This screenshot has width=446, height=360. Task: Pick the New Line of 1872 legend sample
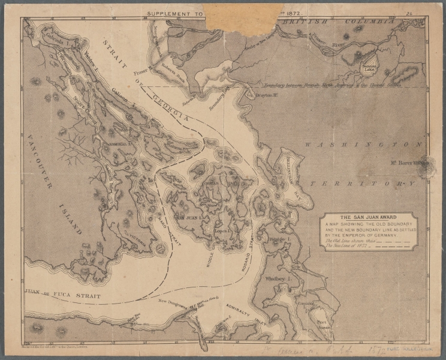click(390, 247)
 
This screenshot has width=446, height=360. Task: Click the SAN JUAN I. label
click(188, 217)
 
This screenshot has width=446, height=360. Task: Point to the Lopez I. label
click(223, 230)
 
